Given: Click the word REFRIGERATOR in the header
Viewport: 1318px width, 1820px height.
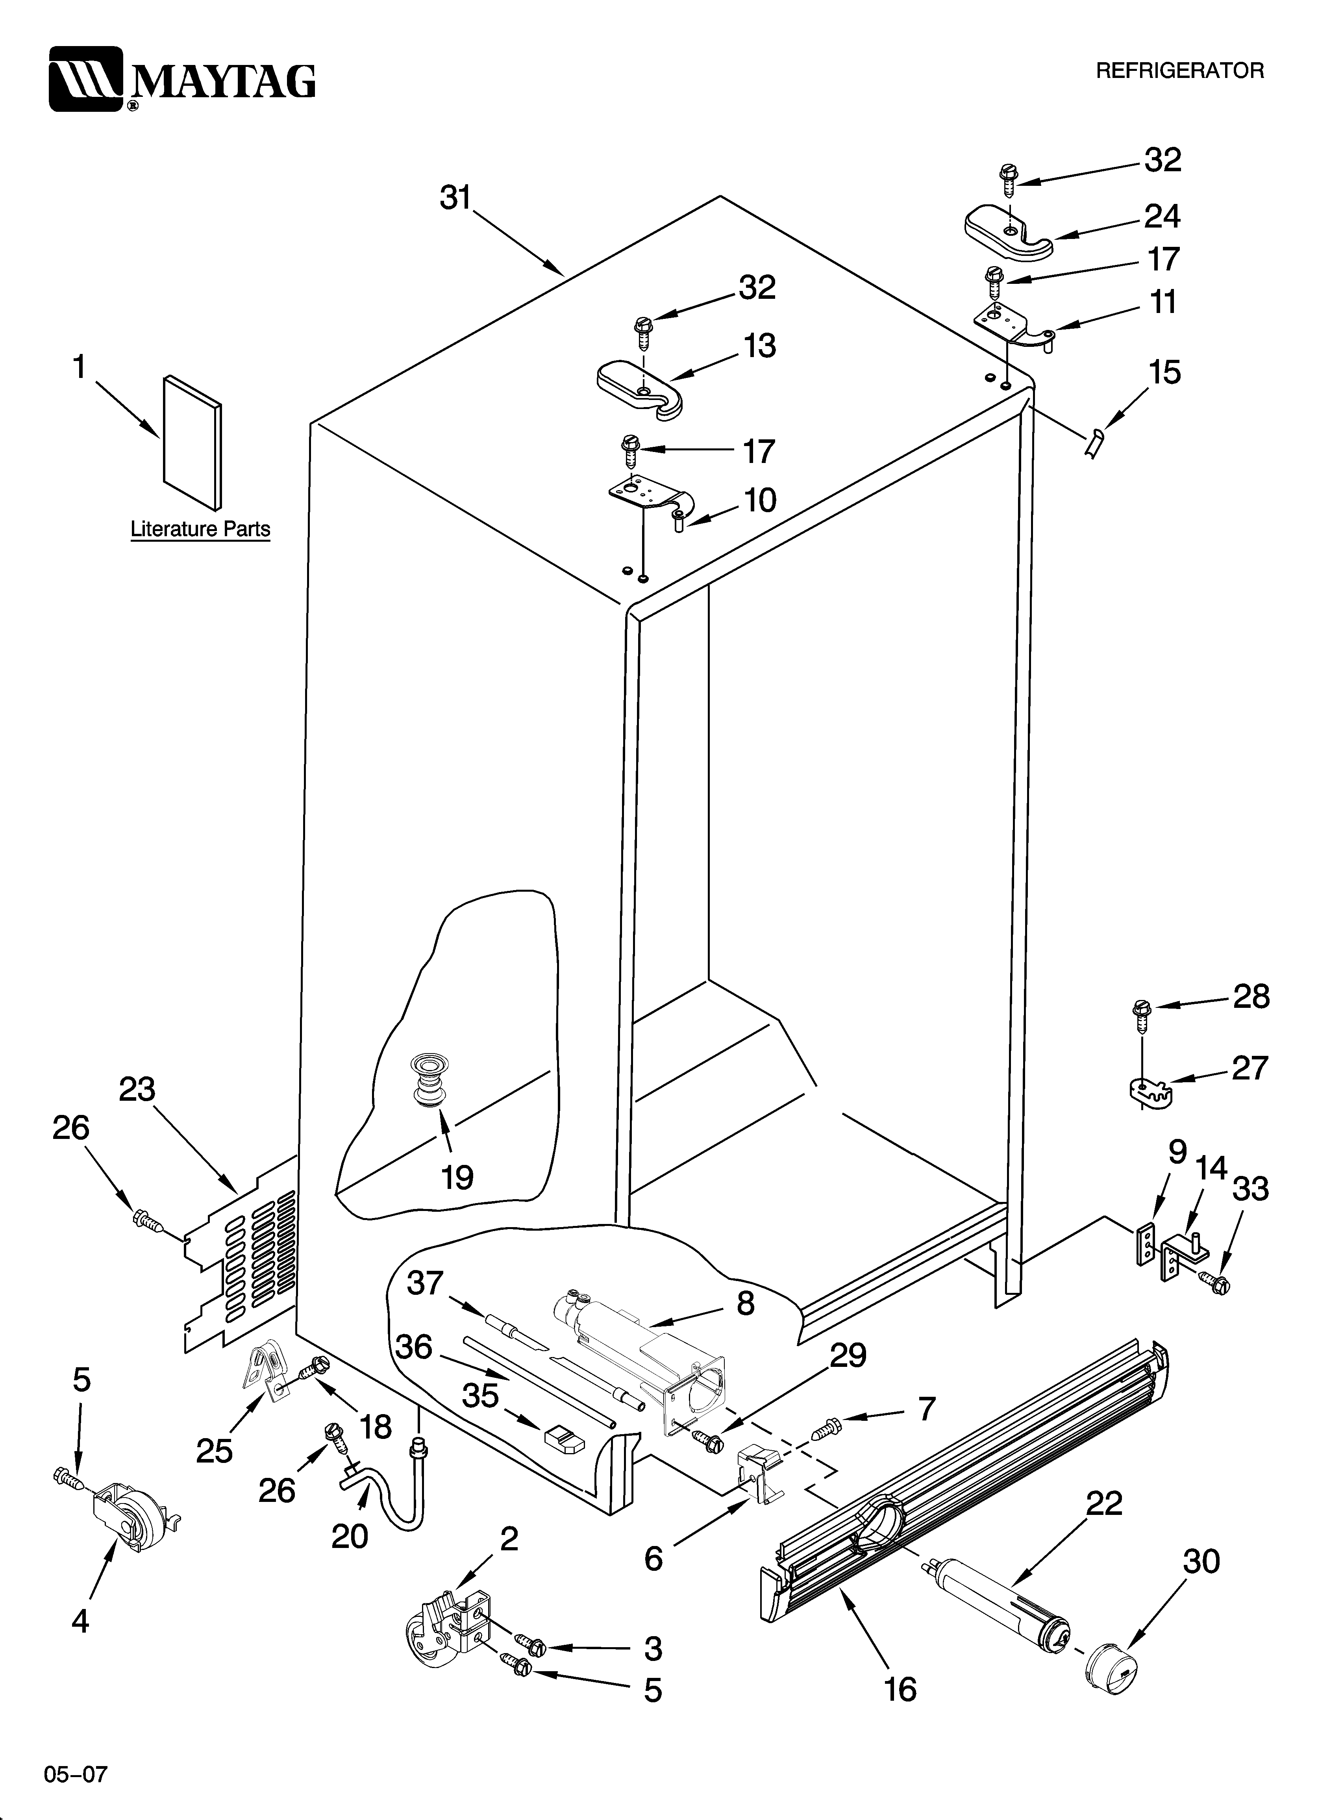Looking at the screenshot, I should (1179, 70).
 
